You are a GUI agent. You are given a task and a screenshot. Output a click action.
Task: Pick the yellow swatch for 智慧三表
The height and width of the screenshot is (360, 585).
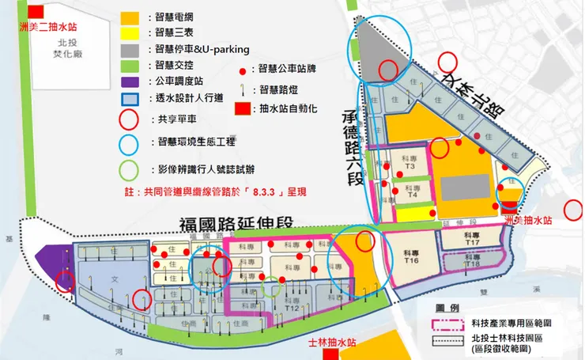point(131,33)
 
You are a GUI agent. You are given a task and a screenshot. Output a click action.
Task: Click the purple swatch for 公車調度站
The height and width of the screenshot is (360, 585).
point(131,81)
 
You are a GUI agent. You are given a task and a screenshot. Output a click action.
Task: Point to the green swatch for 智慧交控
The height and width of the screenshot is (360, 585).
point(131,65)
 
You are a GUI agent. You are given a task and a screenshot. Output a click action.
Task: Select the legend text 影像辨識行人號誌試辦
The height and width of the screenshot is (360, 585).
point(205,169)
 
